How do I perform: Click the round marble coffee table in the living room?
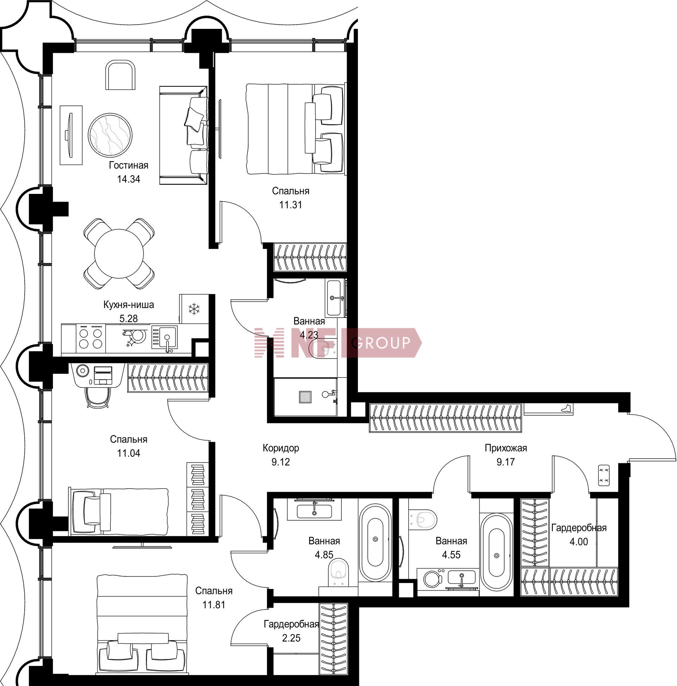[x=110, y=135]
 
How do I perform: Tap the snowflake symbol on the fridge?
[x=194, y=308]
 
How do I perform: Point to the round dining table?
[x=119, y=253]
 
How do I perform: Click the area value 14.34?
[x=129, y=179]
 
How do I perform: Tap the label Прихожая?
[x=506, y=448]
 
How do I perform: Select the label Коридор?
[x=281, y=448]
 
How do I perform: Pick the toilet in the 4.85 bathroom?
[x=339, y=572]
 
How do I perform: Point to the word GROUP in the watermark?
[x=382, y=343]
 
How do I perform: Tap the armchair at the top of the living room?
[x=120, y=75]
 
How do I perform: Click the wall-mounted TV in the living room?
[x=70, y=135]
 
